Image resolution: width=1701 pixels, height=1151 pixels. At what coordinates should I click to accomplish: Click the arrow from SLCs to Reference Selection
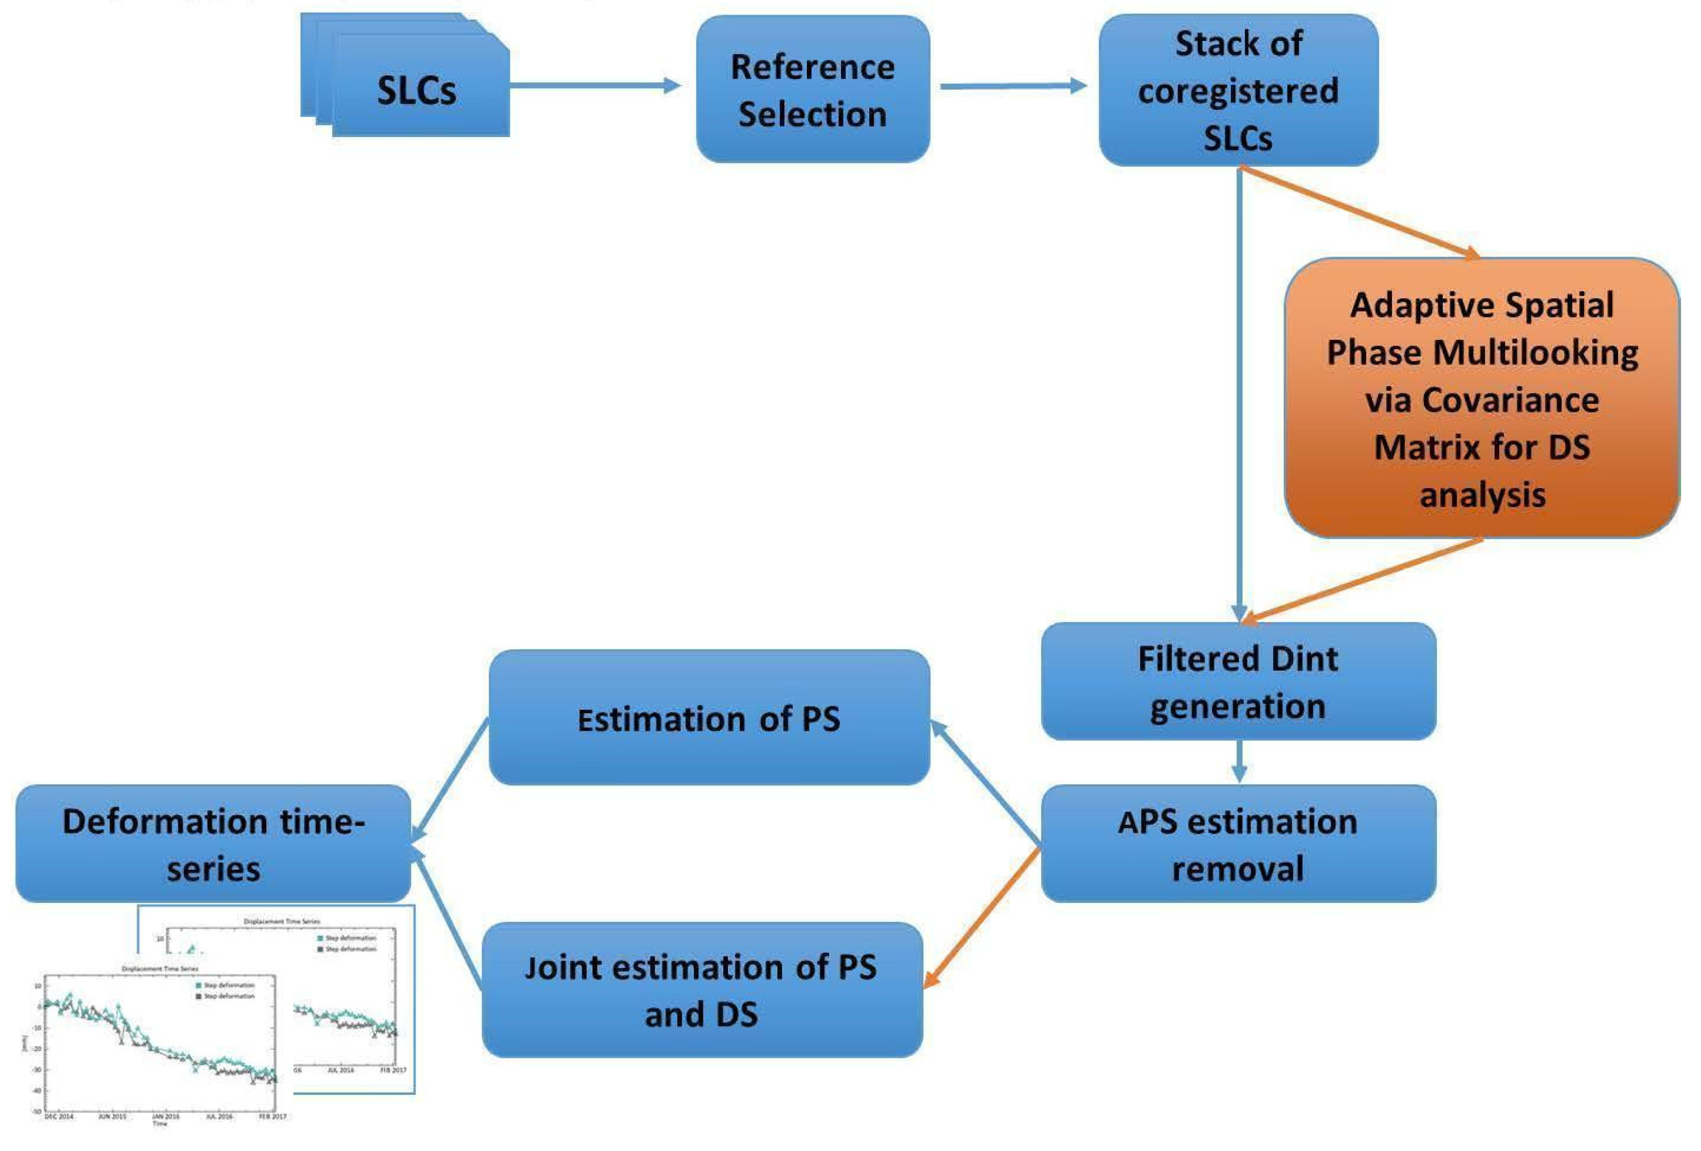coord(593,86)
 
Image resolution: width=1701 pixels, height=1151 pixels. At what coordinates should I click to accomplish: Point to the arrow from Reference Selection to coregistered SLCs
coord(1012,86)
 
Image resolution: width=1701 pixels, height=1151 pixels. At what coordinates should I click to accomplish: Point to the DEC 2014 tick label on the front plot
coord(59,1116)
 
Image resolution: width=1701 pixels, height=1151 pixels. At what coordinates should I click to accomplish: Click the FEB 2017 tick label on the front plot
coord(272,1116)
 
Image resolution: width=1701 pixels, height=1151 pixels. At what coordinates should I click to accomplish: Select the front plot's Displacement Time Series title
coord(159,969)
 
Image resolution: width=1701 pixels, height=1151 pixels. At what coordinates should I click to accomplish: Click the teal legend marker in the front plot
coord(198,986)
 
